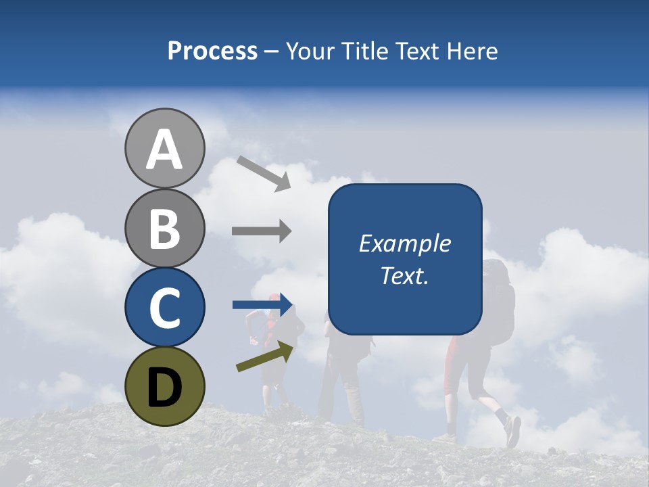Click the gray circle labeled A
click(164, 148)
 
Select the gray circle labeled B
click(164, 228)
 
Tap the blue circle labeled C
click(164, 307)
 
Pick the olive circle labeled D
click(164, 386)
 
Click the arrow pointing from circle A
click(264, 173)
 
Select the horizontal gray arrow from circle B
click(262, 231)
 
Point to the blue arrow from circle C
click(262, 305)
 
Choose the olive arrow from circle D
click(266, 357)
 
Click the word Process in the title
click(212, 51)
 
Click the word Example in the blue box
click(404, 244)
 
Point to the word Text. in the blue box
click(404, 275)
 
